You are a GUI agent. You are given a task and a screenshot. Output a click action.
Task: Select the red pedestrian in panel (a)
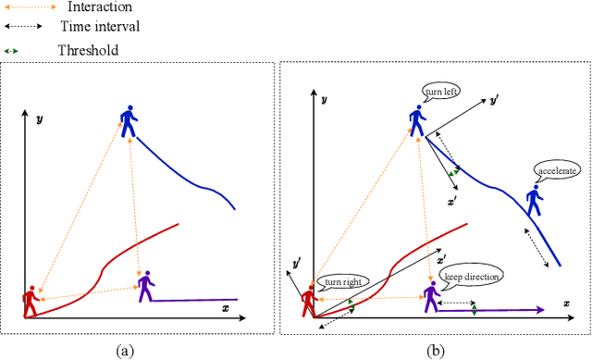(x=31, y=301)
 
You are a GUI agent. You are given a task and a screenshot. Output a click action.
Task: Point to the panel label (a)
(x=127, y=349)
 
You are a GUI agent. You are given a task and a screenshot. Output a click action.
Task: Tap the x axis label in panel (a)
(x=225, y=308)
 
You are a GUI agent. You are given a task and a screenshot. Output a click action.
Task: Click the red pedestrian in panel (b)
(x=308, y=301)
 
